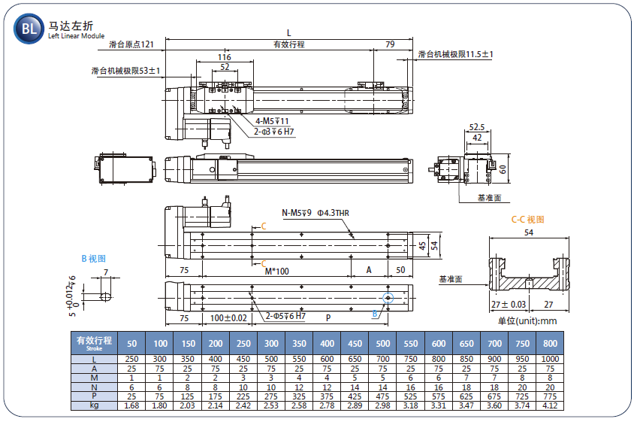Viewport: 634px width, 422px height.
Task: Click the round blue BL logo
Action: [29, 29]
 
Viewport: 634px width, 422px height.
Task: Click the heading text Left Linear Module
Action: [77, 36]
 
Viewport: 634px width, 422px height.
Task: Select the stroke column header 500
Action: [383, 344]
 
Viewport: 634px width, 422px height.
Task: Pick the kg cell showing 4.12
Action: [550, 405]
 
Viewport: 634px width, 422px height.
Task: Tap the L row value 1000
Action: [550, 359]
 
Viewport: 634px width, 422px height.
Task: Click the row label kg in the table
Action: [94, 405]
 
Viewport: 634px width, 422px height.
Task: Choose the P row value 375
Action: [327, 396]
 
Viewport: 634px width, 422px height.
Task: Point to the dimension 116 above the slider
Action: [225, 57]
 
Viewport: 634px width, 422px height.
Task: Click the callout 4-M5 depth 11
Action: [272, 121]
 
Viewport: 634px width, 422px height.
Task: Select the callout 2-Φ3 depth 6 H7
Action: [273, 132]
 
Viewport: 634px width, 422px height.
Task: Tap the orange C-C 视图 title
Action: [527, 220]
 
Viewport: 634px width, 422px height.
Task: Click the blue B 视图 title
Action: [93, 258]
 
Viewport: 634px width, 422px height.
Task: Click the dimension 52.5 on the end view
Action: [477, 127]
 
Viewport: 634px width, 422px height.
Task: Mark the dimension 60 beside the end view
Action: [503, 169]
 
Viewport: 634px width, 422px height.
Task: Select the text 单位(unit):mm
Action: [527, 321]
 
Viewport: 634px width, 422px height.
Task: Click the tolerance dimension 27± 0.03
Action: [509, 305]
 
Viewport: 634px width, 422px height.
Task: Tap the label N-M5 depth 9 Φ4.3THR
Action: [315, 213]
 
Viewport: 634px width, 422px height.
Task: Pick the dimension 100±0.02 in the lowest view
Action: [228, 318]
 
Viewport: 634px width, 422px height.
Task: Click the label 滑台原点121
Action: [131, 44]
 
